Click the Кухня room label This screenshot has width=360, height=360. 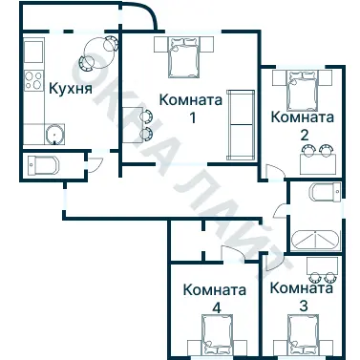pyautogui.click(x=70, y=90)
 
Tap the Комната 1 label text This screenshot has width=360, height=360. pyautogui.click(x=191, y=108)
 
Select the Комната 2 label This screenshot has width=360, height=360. pyautogui.click(x=303, y=125)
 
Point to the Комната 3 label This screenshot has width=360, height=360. pyautogui.click(x=303, y=296)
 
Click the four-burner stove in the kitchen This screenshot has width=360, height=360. pyautogui.click(x=32, y=80)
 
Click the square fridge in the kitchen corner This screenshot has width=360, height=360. pyautogui.click(x=32, y=49)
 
